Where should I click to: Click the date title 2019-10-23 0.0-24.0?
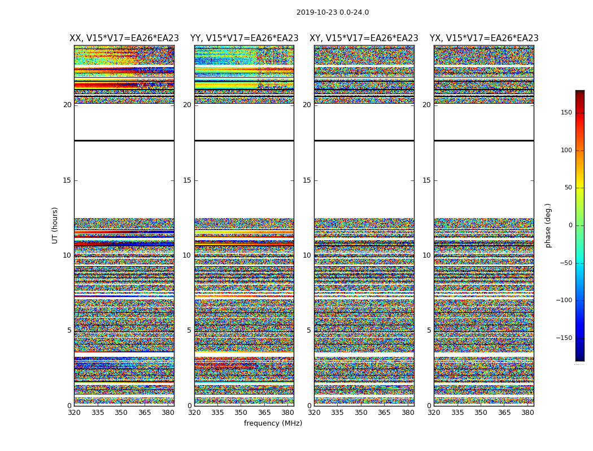click(333, 12)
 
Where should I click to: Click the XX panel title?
click(124, 38)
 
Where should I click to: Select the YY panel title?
click(244, 38)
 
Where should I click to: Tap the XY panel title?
click(364, 38)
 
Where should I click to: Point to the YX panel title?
click(484, 38)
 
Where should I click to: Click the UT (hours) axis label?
click(55, 225)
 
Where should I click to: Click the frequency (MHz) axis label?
click(273, 423)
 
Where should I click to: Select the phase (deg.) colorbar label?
click(548, 225)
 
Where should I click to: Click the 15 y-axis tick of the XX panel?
click(67, 180)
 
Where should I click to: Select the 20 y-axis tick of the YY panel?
click(187, 105)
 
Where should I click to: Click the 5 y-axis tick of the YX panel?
click(429, 330)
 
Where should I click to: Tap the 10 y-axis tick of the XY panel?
click(307, 255)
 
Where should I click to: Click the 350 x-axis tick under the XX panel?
click(121, 413)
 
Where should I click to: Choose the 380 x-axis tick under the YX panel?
click(527, 413)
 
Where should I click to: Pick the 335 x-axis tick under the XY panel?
click(337, 413)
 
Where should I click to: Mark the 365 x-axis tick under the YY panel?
click(264, 413)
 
